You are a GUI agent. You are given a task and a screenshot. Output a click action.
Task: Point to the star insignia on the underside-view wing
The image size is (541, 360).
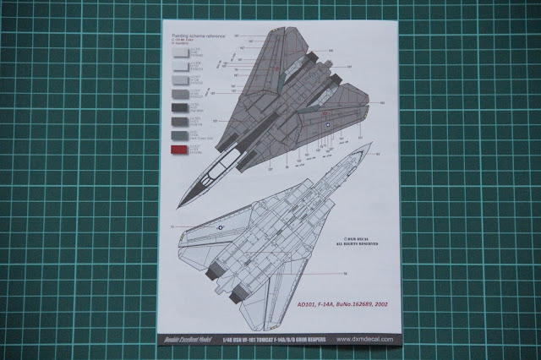click(x=221, y=226)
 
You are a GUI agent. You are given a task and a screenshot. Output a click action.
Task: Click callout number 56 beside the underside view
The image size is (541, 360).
click(x=346, y=275)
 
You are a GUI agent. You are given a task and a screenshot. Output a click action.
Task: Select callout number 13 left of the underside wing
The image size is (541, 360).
click(x=172, y=228)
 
